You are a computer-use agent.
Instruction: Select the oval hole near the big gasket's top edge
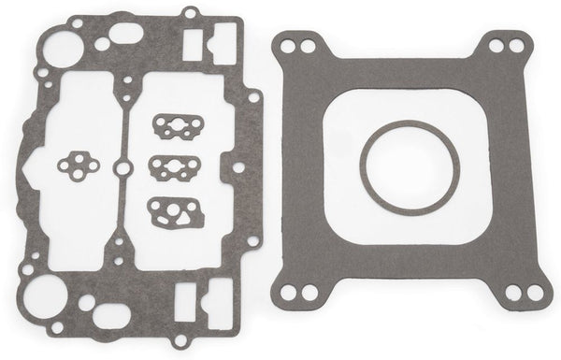pos(126,35)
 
